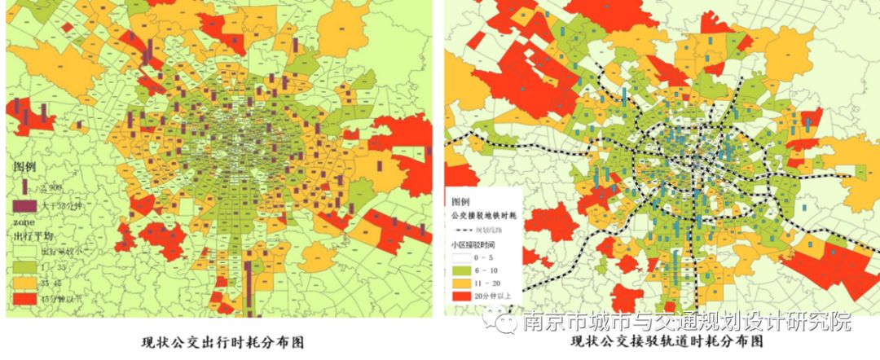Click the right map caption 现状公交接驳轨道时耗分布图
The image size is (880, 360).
pyautogui.click(x=657, y=343)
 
